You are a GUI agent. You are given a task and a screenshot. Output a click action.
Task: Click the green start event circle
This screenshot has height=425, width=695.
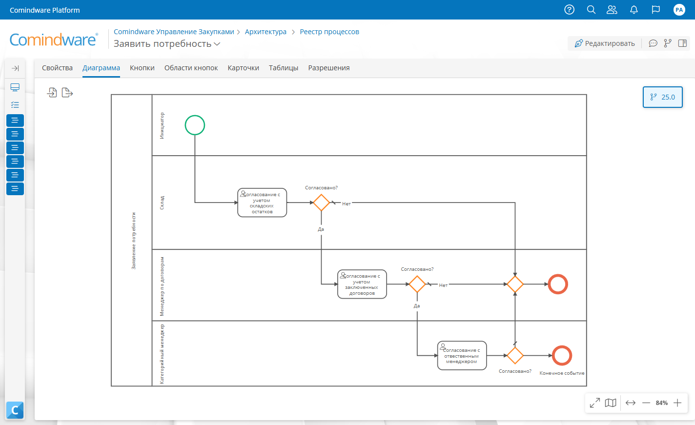pos(195,116)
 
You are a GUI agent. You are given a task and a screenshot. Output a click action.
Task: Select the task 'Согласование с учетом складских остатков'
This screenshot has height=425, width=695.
pos(262,202)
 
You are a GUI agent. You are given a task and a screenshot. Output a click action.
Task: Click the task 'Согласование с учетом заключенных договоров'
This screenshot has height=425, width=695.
pos(362,284)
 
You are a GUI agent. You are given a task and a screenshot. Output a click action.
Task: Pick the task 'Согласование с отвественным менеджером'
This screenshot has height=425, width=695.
pos(462,356)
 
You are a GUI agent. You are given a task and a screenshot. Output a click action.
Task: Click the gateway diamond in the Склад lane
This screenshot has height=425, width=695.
pos(321,202)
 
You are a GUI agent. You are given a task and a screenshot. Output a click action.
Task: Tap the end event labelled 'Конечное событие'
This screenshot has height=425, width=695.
pos(562,346)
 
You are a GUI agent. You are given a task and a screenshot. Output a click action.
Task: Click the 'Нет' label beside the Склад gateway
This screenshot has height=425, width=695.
pos(346,204)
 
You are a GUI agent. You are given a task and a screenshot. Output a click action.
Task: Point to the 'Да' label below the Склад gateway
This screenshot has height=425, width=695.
pos(321,229)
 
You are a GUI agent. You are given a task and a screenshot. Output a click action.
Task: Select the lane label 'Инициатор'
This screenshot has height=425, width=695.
pos(162,125)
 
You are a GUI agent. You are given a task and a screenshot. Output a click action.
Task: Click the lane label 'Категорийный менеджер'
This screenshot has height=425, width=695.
pos(162,354)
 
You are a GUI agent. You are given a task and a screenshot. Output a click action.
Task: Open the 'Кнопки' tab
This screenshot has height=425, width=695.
pos(142,68)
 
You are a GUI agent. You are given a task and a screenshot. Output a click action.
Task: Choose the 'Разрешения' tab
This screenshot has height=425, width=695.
pos(329,68)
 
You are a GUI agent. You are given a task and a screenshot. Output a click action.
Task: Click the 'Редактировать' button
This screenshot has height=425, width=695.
pos(604,43)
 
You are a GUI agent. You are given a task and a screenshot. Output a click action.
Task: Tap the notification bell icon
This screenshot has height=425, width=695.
pos(634,10)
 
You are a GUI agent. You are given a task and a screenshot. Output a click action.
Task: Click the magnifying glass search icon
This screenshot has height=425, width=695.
pos(591,10)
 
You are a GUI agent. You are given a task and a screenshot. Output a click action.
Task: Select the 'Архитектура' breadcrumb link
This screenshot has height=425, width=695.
pos(266,32)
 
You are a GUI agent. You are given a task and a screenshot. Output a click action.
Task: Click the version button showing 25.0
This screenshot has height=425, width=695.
pos(662,97)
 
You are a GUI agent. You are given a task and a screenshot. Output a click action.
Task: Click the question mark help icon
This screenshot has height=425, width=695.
pos(570,10)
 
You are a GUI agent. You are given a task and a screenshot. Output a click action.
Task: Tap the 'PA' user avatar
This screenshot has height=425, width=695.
pos(679,10)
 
